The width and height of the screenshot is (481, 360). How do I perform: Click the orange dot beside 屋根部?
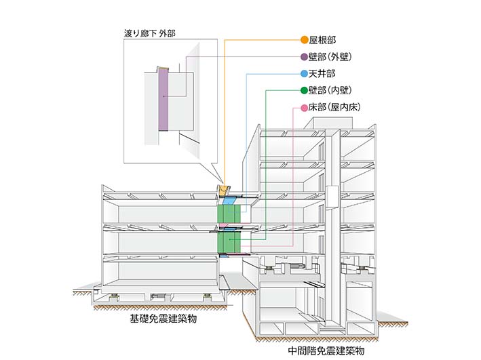(x=304, y=39)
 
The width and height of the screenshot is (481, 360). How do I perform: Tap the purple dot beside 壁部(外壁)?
(x=304, y=56)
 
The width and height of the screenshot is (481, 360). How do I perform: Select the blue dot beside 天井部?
(x=304, y=73)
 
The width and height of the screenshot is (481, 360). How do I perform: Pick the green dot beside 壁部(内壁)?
(x=304, y=90)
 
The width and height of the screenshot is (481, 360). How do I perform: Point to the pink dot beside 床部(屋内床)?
(x=304, y=107)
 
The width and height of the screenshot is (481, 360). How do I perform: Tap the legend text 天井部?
(x=322, y=73)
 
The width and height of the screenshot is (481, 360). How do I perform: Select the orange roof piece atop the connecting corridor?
(x=223, y=190)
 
